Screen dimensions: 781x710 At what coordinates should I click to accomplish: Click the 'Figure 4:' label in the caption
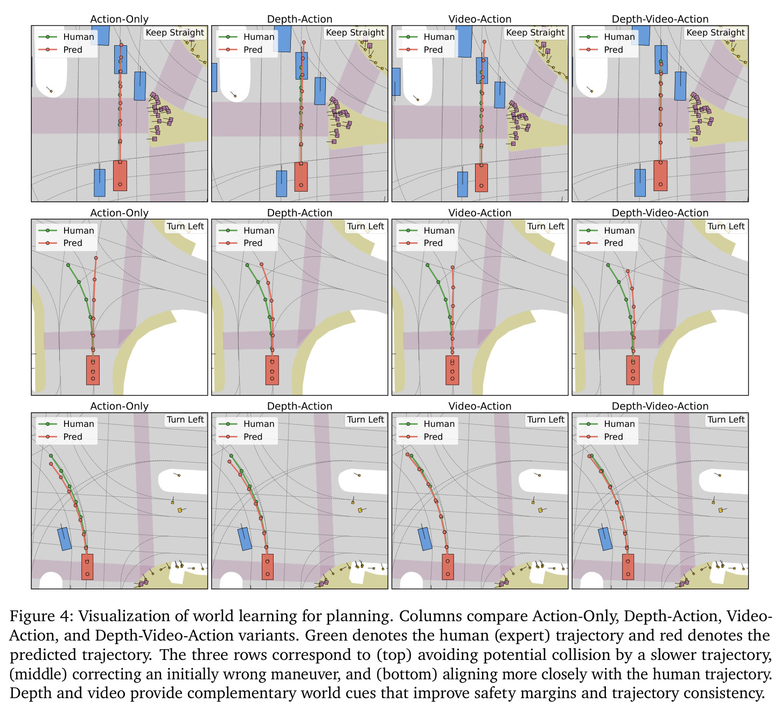[41, 616]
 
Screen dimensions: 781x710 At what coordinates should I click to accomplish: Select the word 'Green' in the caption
[325, 635]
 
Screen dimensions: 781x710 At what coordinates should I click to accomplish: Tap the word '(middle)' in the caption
[38, 674]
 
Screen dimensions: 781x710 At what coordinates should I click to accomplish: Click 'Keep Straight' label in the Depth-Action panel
[354, 33]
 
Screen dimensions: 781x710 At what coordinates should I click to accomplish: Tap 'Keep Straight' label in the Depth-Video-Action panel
[715, 33]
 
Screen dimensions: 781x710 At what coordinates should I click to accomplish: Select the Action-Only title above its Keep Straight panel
[119, 19]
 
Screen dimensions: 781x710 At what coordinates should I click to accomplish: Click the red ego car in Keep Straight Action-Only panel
[120, 175]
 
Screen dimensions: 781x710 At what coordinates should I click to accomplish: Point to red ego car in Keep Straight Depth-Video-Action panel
[660, 175]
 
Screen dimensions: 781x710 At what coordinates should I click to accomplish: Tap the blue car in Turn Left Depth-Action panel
[245, 539]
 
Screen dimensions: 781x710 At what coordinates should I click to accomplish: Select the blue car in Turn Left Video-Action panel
[425, 539]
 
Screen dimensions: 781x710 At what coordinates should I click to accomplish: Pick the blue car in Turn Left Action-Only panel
[64, 539]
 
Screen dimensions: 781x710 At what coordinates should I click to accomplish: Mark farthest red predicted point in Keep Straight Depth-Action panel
[304, 43]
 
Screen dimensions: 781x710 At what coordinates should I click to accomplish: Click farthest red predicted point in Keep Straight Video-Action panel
[484, 41]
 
